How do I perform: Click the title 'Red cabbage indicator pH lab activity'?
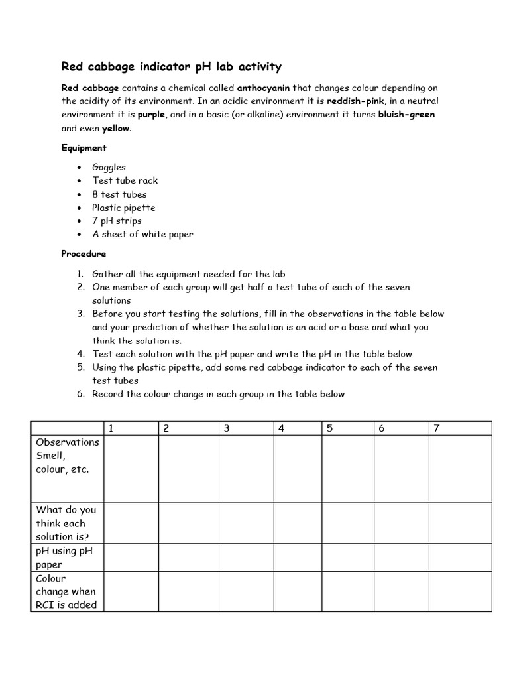click(x=172, y=66)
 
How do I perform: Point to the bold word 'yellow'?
click(x=116, y=128)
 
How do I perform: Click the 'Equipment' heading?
click(x=84, y=147)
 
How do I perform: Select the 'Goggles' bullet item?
click(x=109, y=167)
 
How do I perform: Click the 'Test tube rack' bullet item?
click(x=125, y=180)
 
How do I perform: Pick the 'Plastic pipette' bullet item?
click(x=123, y=208)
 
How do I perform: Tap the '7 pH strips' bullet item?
click(x=117, y=221)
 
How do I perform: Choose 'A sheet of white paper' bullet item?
click(x=142, y=234)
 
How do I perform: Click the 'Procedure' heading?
click(x=84, y=253)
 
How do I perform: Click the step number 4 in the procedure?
click(x=80, y=353)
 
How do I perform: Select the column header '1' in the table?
click(x=111, y=428)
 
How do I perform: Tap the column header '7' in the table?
click(x=436, y=428)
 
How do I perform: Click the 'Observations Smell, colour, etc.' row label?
click(x=67, y=456)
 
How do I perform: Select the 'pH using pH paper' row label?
click(x=67, y=557)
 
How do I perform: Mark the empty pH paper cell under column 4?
click(x=298, y=557)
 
